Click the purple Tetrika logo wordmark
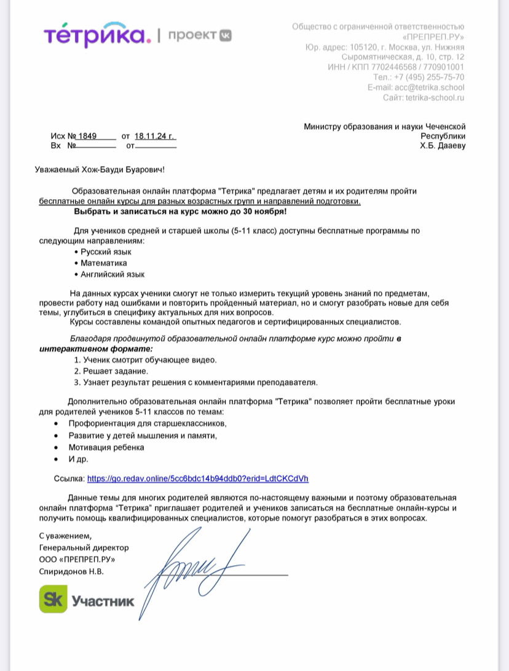tap(97, 35)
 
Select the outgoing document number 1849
tap(88, 136)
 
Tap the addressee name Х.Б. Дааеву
tap(443, 146)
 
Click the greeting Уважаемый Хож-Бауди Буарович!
tap(100, 169)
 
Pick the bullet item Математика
tap(104, 263)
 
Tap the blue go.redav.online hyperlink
tap(198, 478)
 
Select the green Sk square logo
tap(53, 599)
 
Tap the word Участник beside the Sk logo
tap(103, 601)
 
